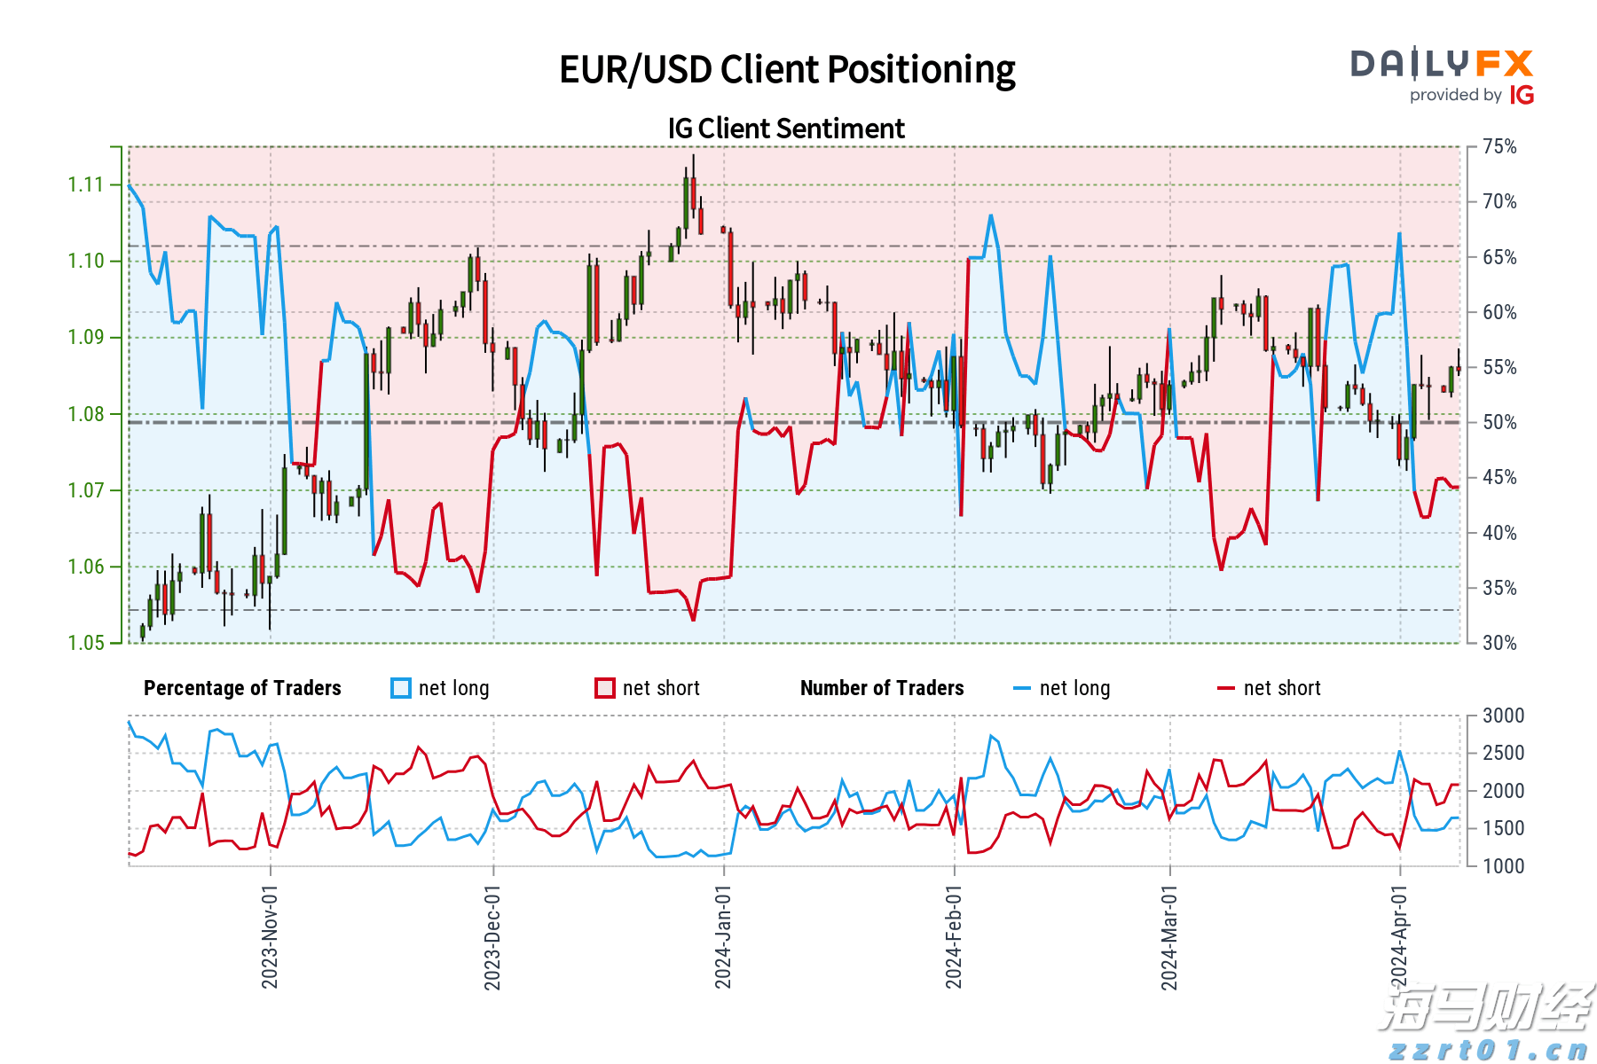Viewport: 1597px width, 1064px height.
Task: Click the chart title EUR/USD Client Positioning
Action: click(x=787, y=70)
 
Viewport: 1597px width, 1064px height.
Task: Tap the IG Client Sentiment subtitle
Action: click(x=786, y=129)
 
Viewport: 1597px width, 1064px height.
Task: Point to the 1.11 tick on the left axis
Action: click(x=85, y=184)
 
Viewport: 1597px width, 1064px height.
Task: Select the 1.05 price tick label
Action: click(x=85, y=643)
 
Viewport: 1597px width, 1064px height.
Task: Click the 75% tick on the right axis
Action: click(x=1499, y=146)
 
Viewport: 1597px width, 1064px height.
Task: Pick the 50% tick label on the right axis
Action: click(x=1499, y=422)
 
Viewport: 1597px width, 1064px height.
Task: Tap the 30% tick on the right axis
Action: click(x=1499, y=643)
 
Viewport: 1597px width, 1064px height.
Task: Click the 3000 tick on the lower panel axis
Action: click(x=1503, y=716)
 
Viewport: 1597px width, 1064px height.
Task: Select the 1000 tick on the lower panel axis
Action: click(x=1503, y=865)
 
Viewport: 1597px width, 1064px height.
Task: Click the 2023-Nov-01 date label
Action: click(x=270, y=936)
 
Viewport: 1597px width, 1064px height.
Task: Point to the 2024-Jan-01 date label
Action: click(x=723, y=936)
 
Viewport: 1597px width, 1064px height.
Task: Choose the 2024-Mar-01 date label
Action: click(x=1169, y=936)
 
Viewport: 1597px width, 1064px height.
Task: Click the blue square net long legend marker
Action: click(x=401, y=688)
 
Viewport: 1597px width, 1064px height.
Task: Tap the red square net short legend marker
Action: click(x=605, y=688)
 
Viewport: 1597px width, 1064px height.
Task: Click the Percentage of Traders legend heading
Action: click(x=242, y=688)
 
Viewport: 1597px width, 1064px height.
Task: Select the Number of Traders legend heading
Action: click(x=882, y=688)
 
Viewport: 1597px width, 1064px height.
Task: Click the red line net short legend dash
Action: click(x=1226, y=688)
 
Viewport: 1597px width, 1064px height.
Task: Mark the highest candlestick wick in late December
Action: click(x=693, y=157)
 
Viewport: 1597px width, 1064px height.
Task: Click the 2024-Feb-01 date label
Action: click(x=954, y=936)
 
